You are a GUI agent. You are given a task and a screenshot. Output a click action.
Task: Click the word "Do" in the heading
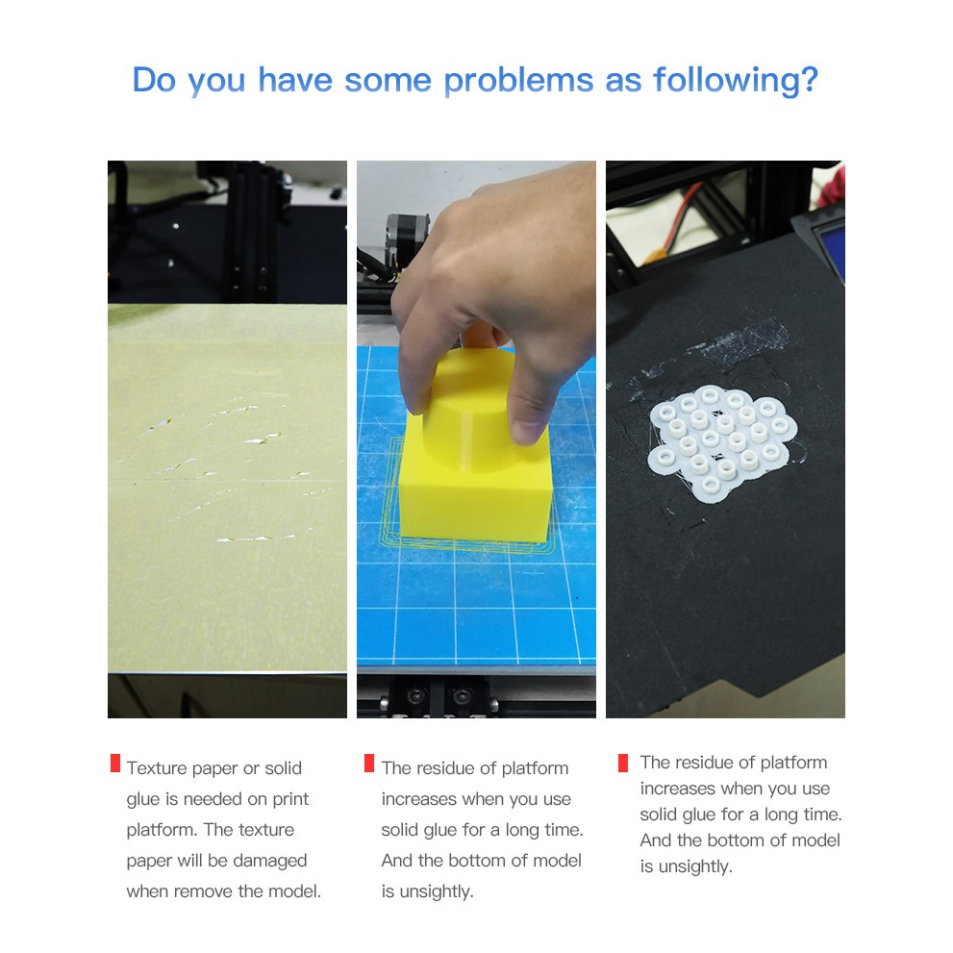point(155,80)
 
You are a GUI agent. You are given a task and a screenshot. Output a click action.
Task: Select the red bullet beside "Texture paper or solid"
point(115,764)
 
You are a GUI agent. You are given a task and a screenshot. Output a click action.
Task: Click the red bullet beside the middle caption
point(369,764)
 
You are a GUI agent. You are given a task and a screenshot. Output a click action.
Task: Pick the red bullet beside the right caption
point(623,764)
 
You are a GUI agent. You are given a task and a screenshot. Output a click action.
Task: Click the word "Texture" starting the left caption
point(158,768)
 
